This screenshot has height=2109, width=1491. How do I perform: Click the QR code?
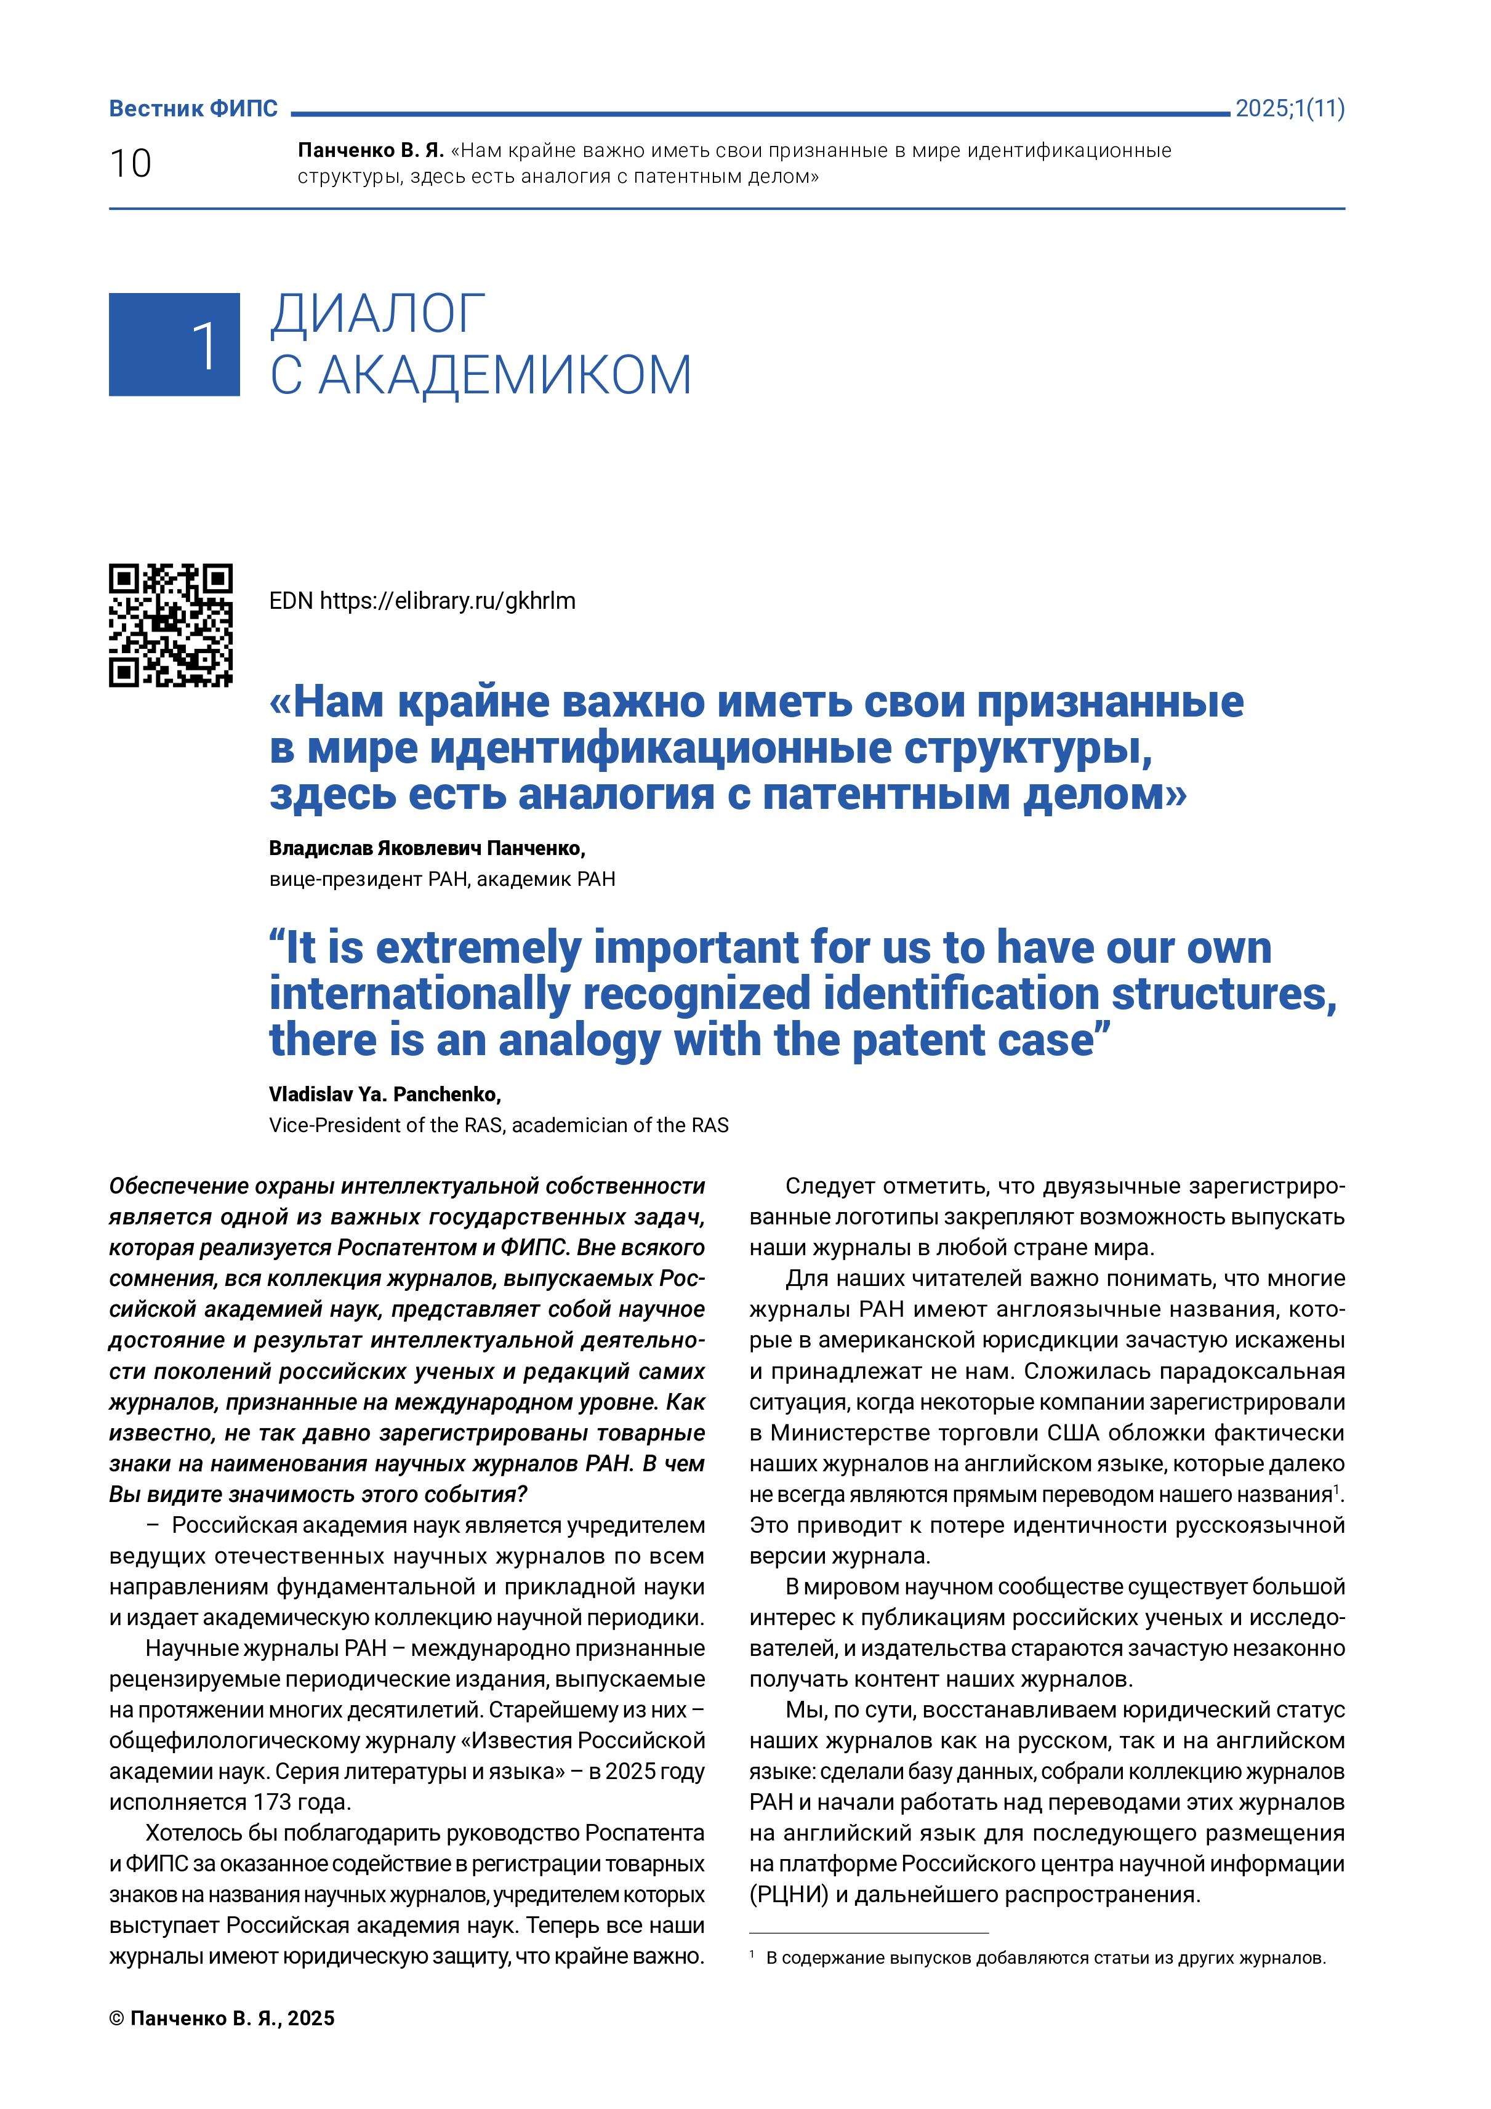(171, 625)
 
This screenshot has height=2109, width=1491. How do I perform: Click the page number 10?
(131, 164)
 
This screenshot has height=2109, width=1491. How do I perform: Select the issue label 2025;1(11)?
(1289, 108)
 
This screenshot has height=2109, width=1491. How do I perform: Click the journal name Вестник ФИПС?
(193, 108)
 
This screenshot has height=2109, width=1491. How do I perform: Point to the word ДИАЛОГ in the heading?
(377, 314)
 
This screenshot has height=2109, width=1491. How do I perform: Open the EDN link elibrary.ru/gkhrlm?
(448, 601)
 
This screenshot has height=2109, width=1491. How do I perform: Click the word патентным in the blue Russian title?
(886, 795)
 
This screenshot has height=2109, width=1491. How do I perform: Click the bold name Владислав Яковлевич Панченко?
(426, 848)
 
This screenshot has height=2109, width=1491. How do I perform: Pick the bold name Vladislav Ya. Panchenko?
(384, 1094)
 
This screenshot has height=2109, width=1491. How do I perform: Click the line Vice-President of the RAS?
(498, 1125)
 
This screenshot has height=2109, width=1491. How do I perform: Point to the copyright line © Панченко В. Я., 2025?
(222, 2018)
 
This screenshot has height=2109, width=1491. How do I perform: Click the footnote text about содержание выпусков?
(1045, 1958)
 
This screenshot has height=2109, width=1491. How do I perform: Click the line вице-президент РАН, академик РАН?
(442, 879)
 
